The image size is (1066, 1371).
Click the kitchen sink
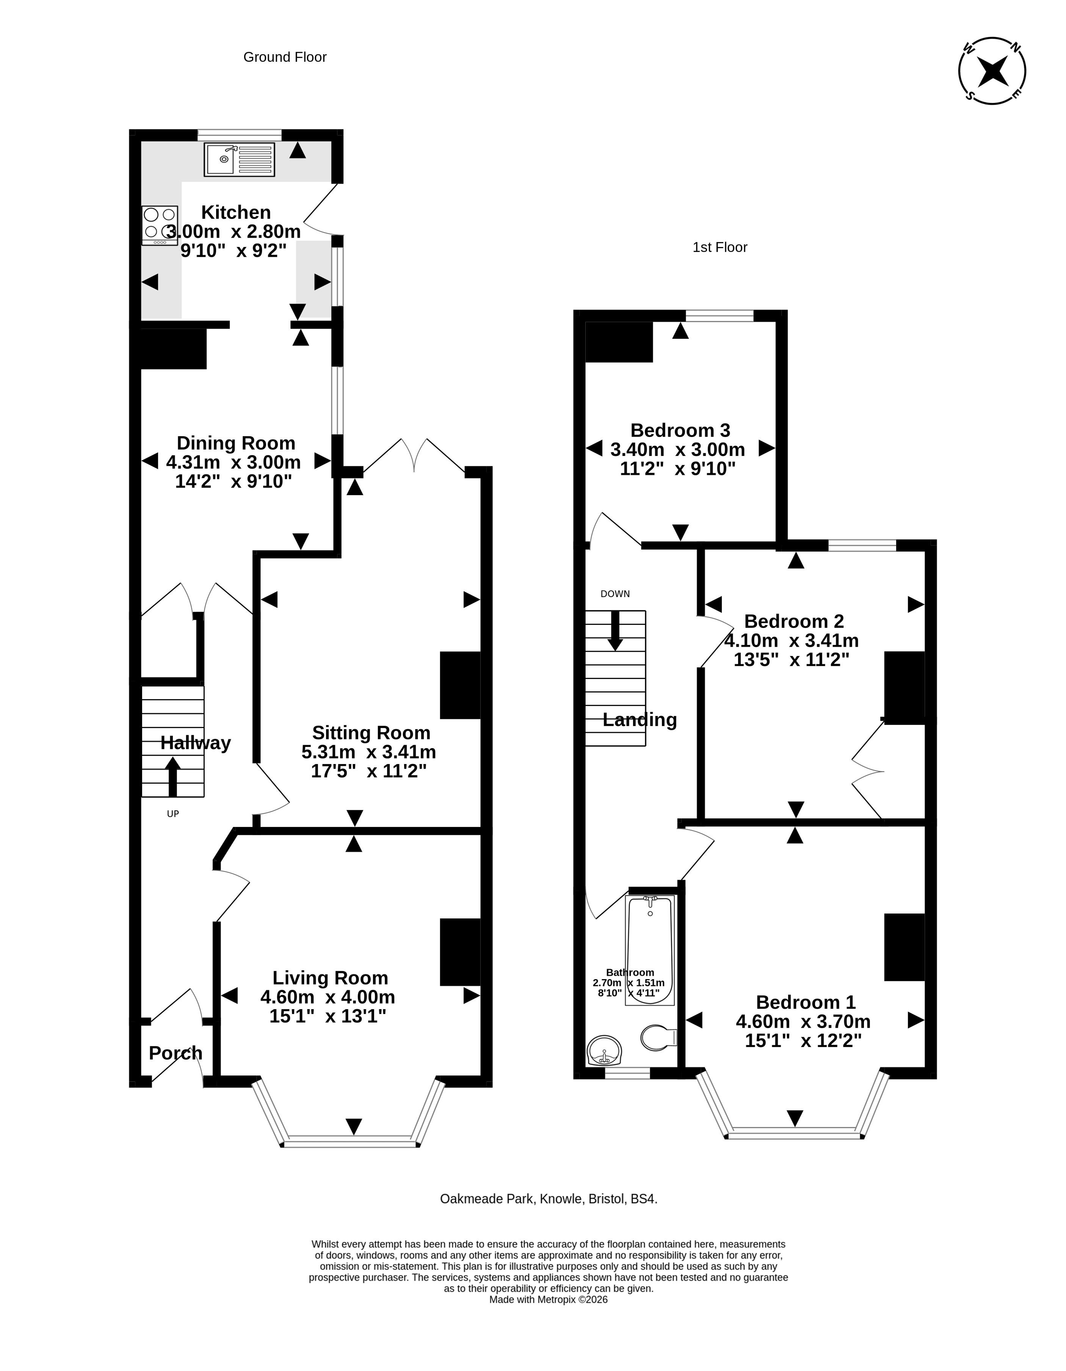[240, 159]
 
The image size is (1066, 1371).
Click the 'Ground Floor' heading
[285, 57]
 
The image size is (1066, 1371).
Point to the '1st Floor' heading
[720, 247]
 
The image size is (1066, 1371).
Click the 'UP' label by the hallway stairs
[172, 814]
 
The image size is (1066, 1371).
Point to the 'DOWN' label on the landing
[615, 594]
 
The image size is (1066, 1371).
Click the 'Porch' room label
[176, 1053]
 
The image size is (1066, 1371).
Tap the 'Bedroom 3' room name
[680, 430]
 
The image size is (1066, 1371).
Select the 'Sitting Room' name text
[371, 733]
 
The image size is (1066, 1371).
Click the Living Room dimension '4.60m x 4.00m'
[328, 997]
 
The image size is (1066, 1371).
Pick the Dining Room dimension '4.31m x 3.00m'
[234, 462]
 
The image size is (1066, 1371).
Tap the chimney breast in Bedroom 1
[905, 946]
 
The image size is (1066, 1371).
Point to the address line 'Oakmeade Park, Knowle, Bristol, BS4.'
[549, 1199]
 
